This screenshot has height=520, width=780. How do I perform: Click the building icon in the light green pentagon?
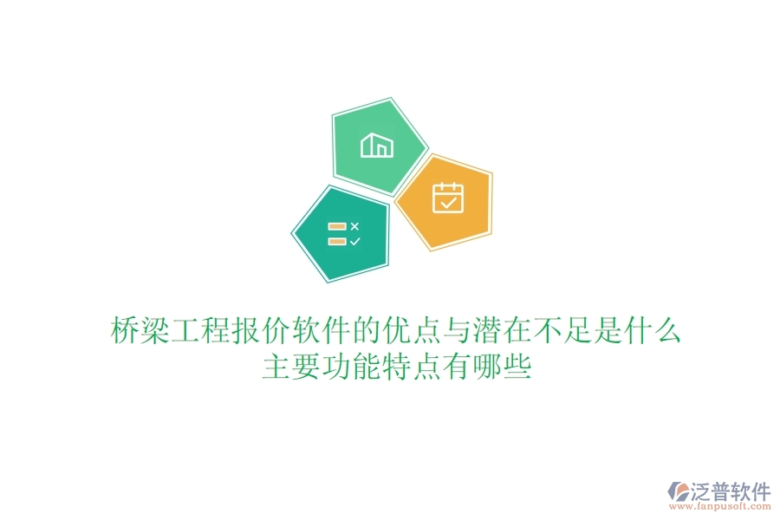click(377, 145)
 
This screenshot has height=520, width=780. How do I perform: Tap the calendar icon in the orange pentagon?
click(448, 198)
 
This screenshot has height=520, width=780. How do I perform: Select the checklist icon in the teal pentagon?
click(343, 234)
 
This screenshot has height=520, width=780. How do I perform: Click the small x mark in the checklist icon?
click(354, 226)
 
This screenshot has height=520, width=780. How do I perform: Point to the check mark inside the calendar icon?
click(448, 203)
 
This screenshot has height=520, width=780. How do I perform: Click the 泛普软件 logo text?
click(731, 492)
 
